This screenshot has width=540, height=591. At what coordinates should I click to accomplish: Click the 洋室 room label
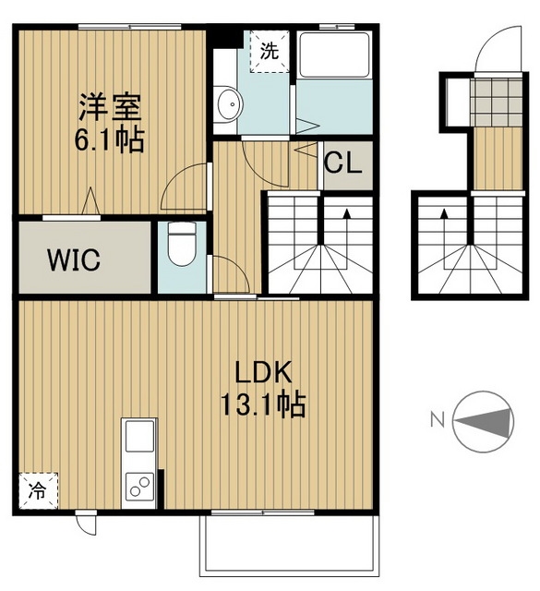coord(110,107)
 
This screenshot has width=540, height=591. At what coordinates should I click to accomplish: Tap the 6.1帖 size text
coord(110,139)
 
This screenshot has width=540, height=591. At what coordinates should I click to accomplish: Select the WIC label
coord(74,259)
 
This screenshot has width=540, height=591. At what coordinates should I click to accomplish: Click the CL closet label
coord(343,163)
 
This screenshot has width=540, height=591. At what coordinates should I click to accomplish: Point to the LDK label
coord(263,372)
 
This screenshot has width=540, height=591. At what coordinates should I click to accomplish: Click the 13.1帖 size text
coord(263,404)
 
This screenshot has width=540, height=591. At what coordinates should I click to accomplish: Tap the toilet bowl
coord(182,244)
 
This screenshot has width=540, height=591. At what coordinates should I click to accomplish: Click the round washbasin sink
coord(228,104)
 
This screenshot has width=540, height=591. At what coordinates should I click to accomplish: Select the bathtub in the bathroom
coord(334,55)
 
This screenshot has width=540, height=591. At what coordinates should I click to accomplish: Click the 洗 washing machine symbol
coord(270,52)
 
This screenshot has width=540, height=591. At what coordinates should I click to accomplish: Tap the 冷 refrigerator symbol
coord(38,491)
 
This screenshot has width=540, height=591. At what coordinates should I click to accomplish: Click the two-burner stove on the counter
coord(139,487)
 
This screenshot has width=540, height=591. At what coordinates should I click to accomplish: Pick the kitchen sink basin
coord(139,436)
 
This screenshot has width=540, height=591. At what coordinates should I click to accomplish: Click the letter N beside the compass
coord(438,420)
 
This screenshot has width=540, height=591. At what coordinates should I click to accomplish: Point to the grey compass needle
coord(483,422)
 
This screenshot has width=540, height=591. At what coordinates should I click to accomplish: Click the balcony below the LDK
coord(289,545)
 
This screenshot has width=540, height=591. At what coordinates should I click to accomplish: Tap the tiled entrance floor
coord(497,103)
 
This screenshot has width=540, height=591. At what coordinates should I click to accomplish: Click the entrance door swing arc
coord(498,48)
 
